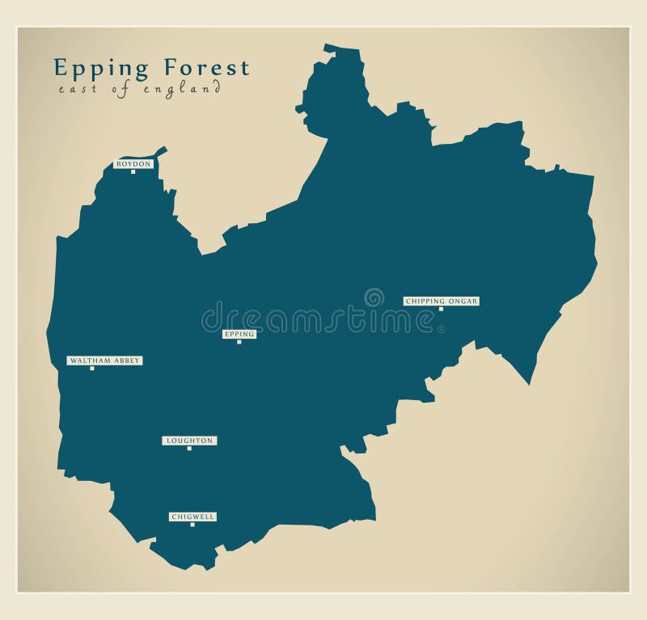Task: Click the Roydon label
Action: coord(133,164)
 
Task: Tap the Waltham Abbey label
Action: coord(104,361)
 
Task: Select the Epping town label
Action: coord(239,334)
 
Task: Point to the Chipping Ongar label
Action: coord(442,302)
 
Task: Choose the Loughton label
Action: coord(189,441)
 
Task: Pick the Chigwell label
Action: coord(193,517)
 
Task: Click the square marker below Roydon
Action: coord(133,171)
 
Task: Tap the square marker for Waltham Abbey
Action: coord(92,368)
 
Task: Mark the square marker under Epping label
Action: coord(239,342)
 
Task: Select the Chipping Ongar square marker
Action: coord(441,309)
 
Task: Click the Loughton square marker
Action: coord(189,448)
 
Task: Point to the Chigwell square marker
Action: coord(192,525)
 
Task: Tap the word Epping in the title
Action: coord(102,69)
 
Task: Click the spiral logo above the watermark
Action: coord(374,297)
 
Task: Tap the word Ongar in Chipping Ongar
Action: coord(463,302)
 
